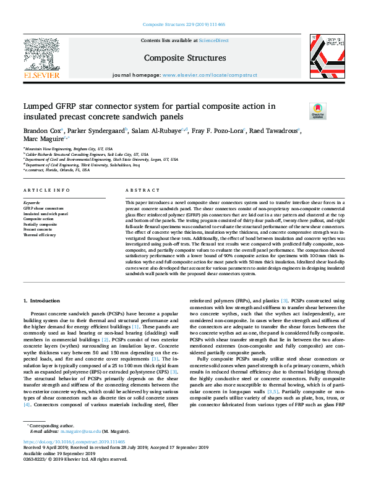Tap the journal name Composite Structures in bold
click(184, 58)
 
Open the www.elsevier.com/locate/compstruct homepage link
click(210, 74)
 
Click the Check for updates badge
click(317, 110)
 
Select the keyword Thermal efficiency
click(40, 236)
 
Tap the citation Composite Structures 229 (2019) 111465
click(184, 24)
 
